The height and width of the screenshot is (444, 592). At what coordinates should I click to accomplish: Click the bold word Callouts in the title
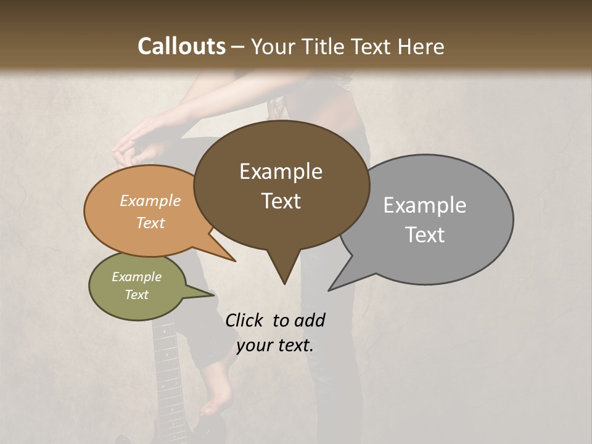tap(181, 46)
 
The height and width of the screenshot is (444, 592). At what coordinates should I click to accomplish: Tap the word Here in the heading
tap(422, 46)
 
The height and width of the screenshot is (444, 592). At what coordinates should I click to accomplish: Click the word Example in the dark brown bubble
tap(281, 171)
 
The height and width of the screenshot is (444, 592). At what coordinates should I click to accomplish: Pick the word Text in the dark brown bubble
tap(281, 200)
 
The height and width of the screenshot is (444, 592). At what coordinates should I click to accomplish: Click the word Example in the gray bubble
tap(424, 205)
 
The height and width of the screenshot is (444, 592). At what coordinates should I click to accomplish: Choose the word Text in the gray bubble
tap(424, 234)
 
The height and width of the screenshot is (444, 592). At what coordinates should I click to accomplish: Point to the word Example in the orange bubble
tap(150, 200)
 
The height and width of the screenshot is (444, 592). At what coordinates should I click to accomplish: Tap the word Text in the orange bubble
tap(150, 223)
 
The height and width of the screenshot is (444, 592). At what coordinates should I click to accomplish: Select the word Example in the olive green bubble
tap(136, 277)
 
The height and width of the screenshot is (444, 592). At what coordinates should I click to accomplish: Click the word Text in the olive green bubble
tap(136, 295)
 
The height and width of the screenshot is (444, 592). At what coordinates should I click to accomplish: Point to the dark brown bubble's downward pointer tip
tap(284, 283)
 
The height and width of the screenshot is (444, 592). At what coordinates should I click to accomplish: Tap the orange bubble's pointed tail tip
tap(234, 260)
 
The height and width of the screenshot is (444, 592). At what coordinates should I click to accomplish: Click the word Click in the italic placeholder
tap(246, 320)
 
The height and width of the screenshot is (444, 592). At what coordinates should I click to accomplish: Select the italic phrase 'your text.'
tap(275, 345)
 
